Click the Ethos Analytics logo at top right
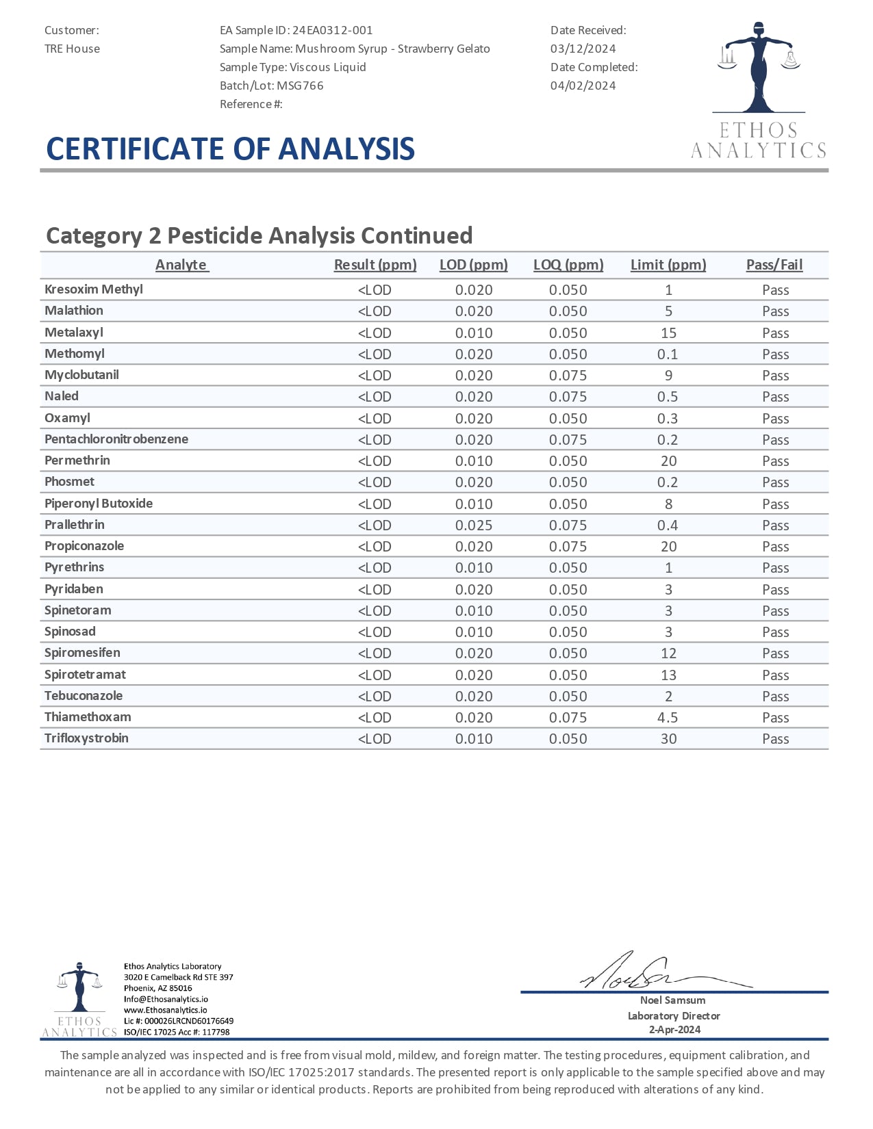tap(759, 89)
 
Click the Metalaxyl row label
tap(74, 333)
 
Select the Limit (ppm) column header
tap(668, 265)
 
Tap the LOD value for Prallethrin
tap(474, 525)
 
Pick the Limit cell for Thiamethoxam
tap(668, 718)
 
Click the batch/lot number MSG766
tap(300, 86)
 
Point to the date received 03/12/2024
tap(583, 49)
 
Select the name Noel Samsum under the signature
tap(674, 1000)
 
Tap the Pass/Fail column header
tap(774, 265)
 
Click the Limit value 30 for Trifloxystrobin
tap(668, 739)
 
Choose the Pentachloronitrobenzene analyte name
tap(116, 439)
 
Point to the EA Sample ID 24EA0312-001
tap(333, 30)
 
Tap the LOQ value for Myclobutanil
tap(568, 376)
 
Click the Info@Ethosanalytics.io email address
tap(166, 999)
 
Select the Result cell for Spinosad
tap(375, 632)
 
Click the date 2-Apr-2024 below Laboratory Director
tap(674, 1030)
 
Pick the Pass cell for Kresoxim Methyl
tap(775, 290)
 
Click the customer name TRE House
tap(72, 49)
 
